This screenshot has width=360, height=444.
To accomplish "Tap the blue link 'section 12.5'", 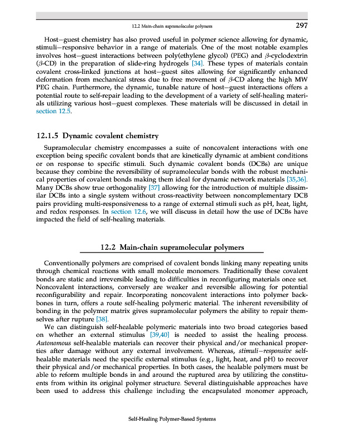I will coord(54,111).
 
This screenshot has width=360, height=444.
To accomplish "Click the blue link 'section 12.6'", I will coord(129,211).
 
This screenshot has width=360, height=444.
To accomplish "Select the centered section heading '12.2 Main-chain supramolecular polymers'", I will coord(172,247).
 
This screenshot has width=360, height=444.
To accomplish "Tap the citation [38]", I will coord(102,320).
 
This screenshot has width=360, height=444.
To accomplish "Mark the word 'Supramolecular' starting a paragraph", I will coord(69,149).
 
